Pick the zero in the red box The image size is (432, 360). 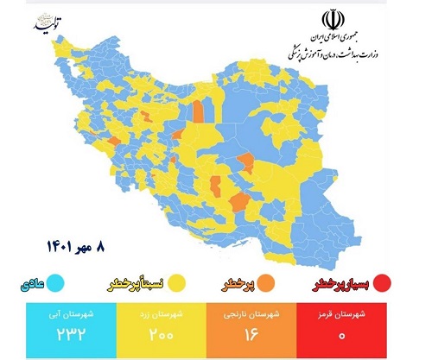(369, 334)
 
